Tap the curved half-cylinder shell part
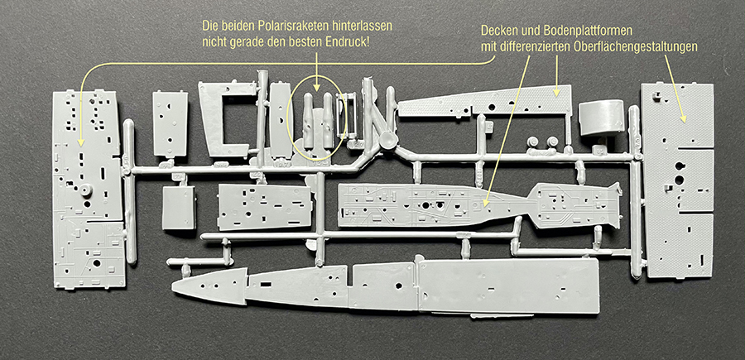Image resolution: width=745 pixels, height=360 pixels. (602, 117)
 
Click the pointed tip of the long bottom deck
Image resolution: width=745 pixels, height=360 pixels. (173, 286)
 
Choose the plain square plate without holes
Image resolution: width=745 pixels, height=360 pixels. (178, 207)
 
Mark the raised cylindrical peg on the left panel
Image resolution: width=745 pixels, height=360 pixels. (86, 189)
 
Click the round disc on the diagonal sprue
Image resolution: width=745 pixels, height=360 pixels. (388, 140)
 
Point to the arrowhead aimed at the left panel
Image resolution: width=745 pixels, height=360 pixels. (81, 142)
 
